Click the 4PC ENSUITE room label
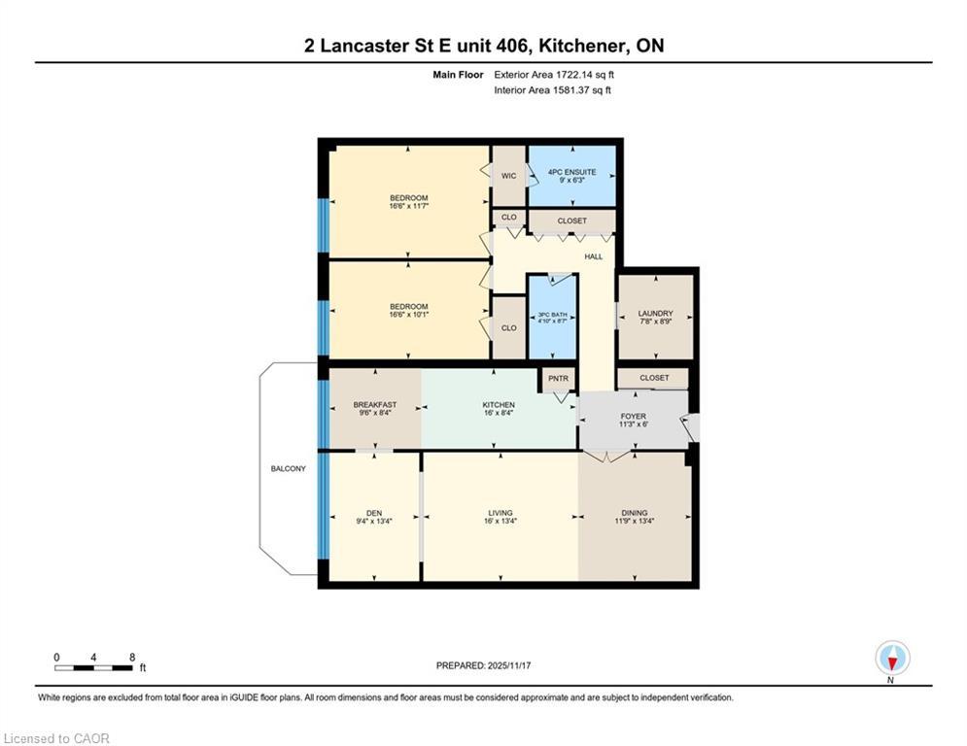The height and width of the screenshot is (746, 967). (x=571, y=172)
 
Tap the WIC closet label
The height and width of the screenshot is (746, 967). (x=508, y=176)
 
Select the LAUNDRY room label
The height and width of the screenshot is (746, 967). (x=655, y=313)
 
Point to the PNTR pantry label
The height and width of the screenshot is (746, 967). (x=558, y=378)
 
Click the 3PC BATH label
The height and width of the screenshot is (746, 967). (x=552, y=316)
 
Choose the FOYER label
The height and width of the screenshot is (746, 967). (x=633, y=417)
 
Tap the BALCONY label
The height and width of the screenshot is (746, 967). (x=288, y=469)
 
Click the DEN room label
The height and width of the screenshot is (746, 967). (x=374, y=513)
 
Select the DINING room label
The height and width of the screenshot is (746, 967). (x=634, y=513)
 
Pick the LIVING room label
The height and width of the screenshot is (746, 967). (x=500, y=513)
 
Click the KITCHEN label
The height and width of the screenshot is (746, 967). (x=499, y=404)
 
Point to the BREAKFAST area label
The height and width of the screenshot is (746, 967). (x=374, y=404)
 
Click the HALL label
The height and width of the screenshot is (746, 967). (x=593, y=256)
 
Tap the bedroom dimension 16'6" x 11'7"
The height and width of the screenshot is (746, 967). (x=408, y=207)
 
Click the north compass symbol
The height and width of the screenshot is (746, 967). (x=891, y=659)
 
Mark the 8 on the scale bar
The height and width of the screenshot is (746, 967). (x=131, y=657)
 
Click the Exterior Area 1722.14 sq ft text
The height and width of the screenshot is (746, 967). (x=554, y=74)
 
